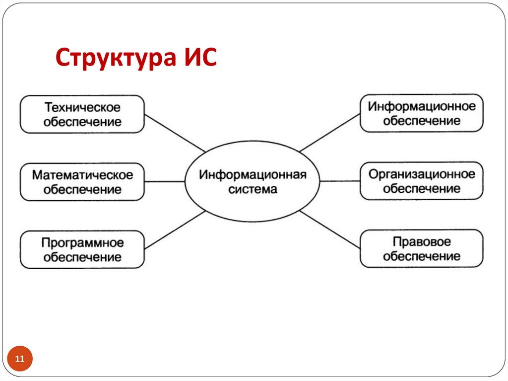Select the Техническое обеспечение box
pos(82,114)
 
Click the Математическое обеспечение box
pos(82,182)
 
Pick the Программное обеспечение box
pos(82,249)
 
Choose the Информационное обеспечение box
pos(421,113)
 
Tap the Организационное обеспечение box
pos(421,181)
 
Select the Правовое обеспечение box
pos(421,249)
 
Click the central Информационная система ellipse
pos(253,182)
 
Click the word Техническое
pos(82,107)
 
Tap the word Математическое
pos(82,175)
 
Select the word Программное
pos(82,243)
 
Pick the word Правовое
pos(421,242)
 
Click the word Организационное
pos(421,174)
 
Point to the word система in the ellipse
pos(253,189)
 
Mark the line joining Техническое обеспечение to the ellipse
pos(175,133)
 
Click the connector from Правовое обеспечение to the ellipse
pos(330,229)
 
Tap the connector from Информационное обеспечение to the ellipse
pos(330,132)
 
